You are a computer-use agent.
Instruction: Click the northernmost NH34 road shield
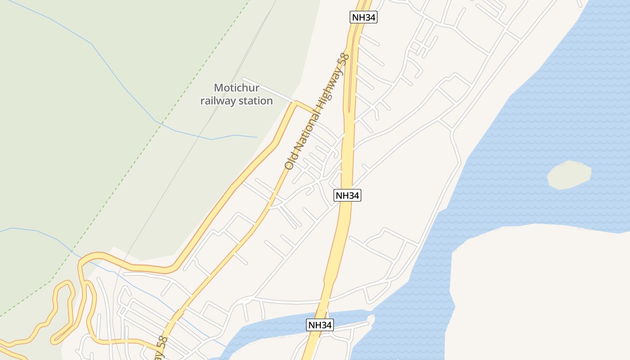(x=363, y=18)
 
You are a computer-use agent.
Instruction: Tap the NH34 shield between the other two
(x=347, y=195)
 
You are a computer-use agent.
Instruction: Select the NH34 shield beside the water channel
(x=320, y=325)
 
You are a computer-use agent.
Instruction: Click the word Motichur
(x=236, y=88)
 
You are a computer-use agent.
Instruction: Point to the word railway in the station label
(x=218, y=101)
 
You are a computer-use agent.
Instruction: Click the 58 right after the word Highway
(x=344, y=59)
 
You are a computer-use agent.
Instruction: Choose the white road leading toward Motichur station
(x=268, y=90)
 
